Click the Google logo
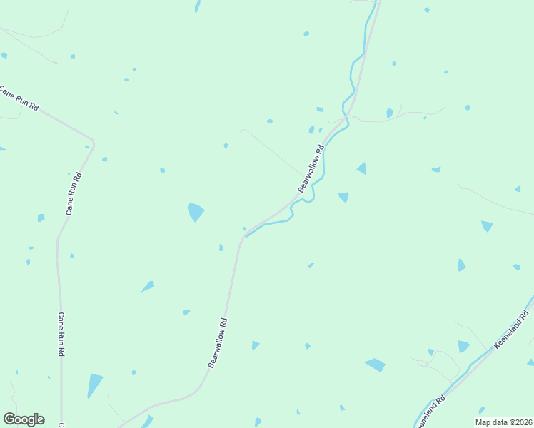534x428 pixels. coord(24,419)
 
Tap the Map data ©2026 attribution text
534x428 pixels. coord(503,422)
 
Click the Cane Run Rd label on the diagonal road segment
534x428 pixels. coord(19,99)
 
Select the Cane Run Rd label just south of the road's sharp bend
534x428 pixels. coord(74,193)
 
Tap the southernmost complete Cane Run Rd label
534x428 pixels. coord(61,335)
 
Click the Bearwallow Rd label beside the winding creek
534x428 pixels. coord(311,168)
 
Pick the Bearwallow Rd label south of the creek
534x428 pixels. coord(218,343)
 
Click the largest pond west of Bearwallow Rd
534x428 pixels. coord(195,212)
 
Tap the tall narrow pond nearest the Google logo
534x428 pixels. coord(94,384)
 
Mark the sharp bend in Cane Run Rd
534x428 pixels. coord(93,138)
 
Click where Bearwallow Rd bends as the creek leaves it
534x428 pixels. coord(244,236)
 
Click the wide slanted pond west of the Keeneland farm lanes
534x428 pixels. coord(375,365)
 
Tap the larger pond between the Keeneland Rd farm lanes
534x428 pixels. coord(463,346)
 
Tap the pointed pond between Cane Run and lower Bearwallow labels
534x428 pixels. coord(148,287)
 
